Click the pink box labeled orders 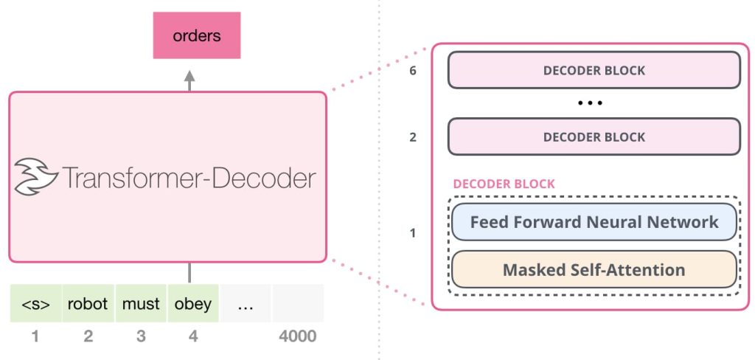(196, 35)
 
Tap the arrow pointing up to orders (189, 81)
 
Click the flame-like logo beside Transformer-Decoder (35, 177)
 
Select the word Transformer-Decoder (189, 178)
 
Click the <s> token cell (35, 304)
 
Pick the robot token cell (88, 304)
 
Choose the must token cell (141, 304)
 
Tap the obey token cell (193, 304)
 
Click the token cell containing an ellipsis (246, 304)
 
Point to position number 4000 (298, 336)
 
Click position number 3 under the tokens (141, 336)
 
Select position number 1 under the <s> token (35, 336)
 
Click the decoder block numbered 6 (594, 70)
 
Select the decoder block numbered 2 (594, 137)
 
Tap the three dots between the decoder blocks (591, 103)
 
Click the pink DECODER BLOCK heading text (504, 184)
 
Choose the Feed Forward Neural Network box (594, 222)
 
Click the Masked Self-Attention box (594, 269)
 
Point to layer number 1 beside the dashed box (412, 233)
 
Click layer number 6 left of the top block (413, 71)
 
